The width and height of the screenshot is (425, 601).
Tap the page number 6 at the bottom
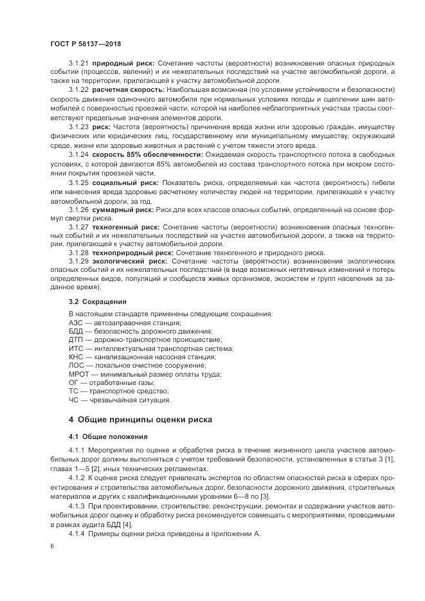(x=52, y=546)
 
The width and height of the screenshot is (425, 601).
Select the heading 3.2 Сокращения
(x=98, y=301)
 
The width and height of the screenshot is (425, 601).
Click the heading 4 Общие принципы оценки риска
(x=140, y=420)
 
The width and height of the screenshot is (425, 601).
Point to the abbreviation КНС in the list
(x=76, y=357)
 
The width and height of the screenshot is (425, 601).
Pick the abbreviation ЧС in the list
(x=74, y=400)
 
